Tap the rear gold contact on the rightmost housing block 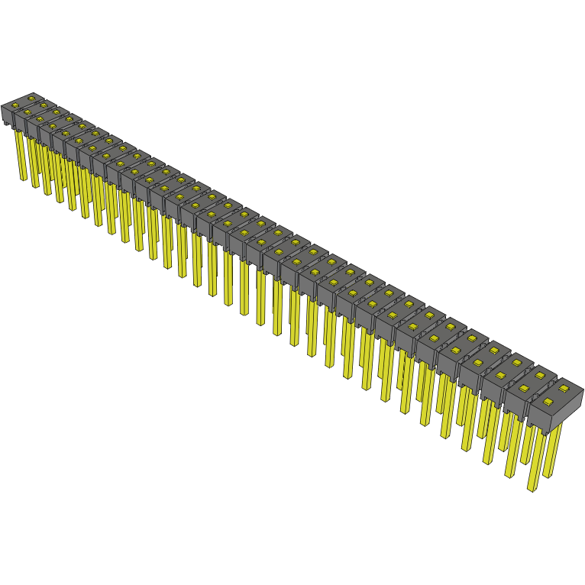pos(564,389)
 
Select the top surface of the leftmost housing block pos(21,103)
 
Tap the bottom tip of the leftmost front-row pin pos(23,179)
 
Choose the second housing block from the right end pos(526,383)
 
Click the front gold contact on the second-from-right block pos(525,388)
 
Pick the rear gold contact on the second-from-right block pos(542,377)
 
